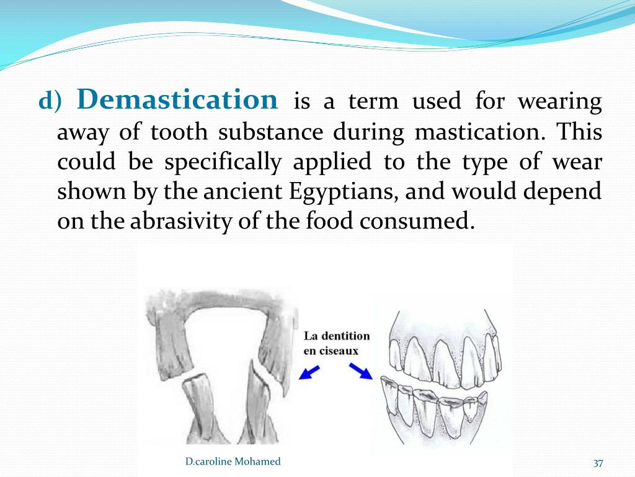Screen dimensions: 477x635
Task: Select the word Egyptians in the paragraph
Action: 343,192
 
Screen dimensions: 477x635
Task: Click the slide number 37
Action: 598,463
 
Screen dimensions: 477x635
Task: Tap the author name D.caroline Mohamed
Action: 233,461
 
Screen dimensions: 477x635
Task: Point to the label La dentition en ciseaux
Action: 336,343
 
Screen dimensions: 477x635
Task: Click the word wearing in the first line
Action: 559,102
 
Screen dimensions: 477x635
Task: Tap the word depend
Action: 564,192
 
